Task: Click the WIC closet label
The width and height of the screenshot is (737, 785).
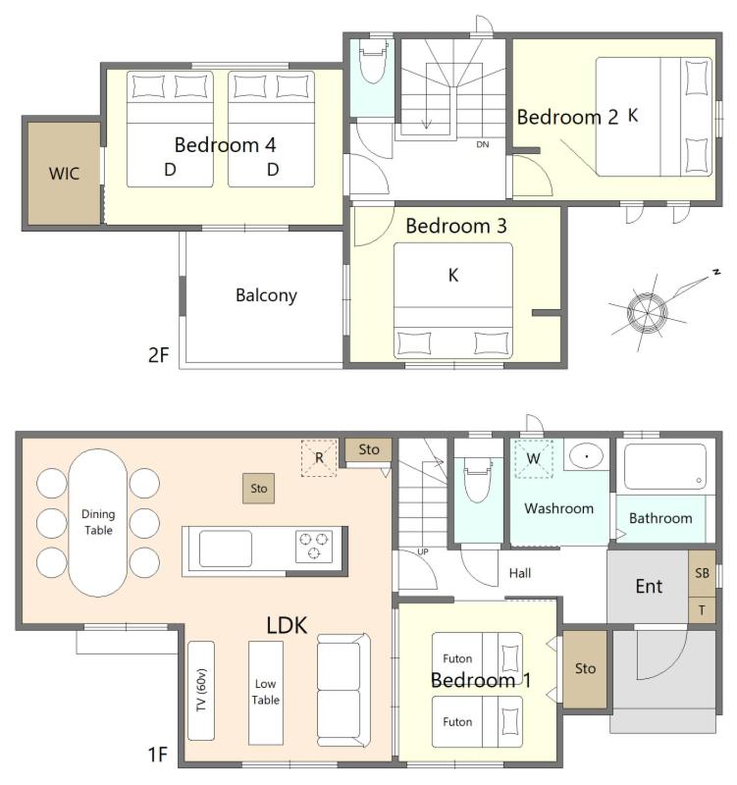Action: click(64, 174)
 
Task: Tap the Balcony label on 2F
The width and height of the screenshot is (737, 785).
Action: click(266, 295)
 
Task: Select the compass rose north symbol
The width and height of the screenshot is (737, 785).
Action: click(648, 312)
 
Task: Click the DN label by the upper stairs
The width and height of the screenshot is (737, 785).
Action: click(483, 144)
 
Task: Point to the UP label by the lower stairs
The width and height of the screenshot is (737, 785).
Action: click(423, 551)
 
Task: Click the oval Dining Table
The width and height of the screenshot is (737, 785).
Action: click(98, 523)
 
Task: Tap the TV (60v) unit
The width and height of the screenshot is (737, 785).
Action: click(201, 691)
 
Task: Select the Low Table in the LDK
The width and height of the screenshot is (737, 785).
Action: click(266, 693)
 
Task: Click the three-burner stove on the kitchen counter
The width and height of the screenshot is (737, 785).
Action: click(314, 547)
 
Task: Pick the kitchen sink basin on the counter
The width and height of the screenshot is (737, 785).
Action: click(226, 549)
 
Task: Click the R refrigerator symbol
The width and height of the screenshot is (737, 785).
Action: click(319, 458)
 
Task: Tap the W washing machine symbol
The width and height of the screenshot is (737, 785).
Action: click(534, 458)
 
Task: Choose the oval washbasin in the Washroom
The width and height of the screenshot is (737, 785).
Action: click(586, 456)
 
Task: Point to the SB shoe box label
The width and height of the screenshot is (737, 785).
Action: click(702, 573)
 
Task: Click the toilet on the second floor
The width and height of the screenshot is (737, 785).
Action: click(374, 61)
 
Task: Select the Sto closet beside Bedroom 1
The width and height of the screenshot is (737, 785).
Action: click(585, 669)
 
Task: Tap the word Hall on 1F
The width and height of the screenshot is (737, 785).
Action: click(520, 573)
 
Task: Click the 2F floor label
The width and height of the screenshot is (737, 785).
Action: click(159, 355)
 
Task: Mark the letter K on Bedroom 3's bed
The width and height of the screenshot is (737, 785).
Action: click(453, 276)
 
